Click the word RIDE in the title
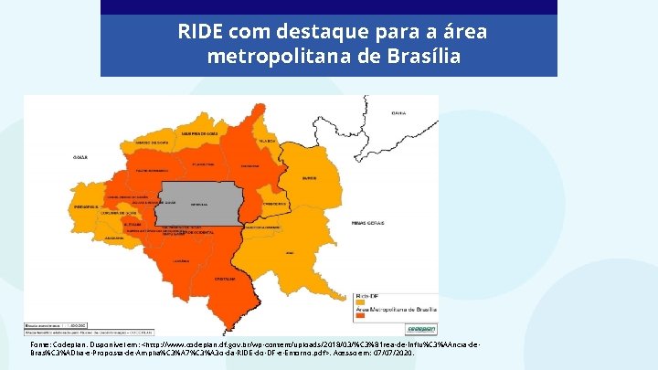tap(199, 32)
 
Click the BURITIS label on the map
tap(309, 179)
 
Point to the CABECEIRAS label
tap(275, 203)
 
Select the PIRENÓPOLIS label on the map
tap(87, 207)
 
